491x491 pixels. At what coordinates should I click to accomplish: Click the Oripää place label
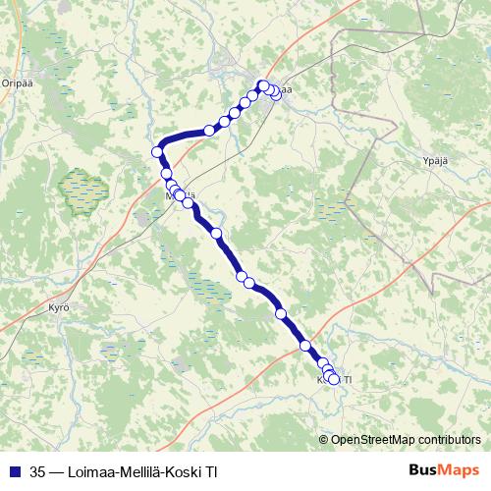tap(19, 82)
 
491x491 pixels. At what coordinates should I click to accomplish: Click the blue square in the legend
tap(16, 469)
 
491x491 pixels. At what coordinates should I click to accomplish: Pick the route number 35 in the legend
tap(38, 469)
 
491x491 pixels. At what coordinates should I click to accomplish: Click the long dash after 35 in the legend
tap(57, 469)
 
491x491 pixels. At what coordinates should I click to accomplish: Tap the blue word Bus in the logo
tap(424, 469)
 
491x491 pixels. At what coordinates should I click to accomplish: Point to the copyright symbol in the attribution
tap(324, 441)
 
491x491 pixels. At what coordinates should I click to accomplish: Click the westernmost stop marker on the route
tap(157, 151)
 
